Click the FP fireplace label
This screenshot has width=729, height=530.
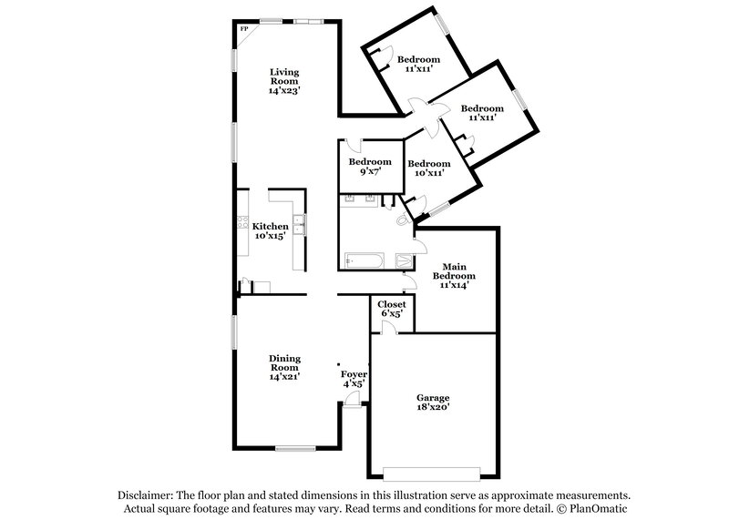pos(243,29)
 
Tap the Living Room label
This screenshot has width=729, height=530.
pos(283,80)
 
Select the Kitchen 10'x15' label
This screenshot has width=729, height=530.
pos(271,231)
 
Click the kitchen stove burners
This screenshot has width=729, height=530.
pos(242,222)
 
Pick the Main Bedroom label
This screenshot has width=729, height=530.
pos(453,275)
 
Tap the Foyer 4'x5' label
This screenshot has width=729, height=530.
pos(353,379)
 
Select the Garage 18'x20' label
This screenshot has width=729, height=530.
pos(433,403)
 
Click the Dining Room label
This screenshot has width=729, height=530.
pos(284,367)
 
